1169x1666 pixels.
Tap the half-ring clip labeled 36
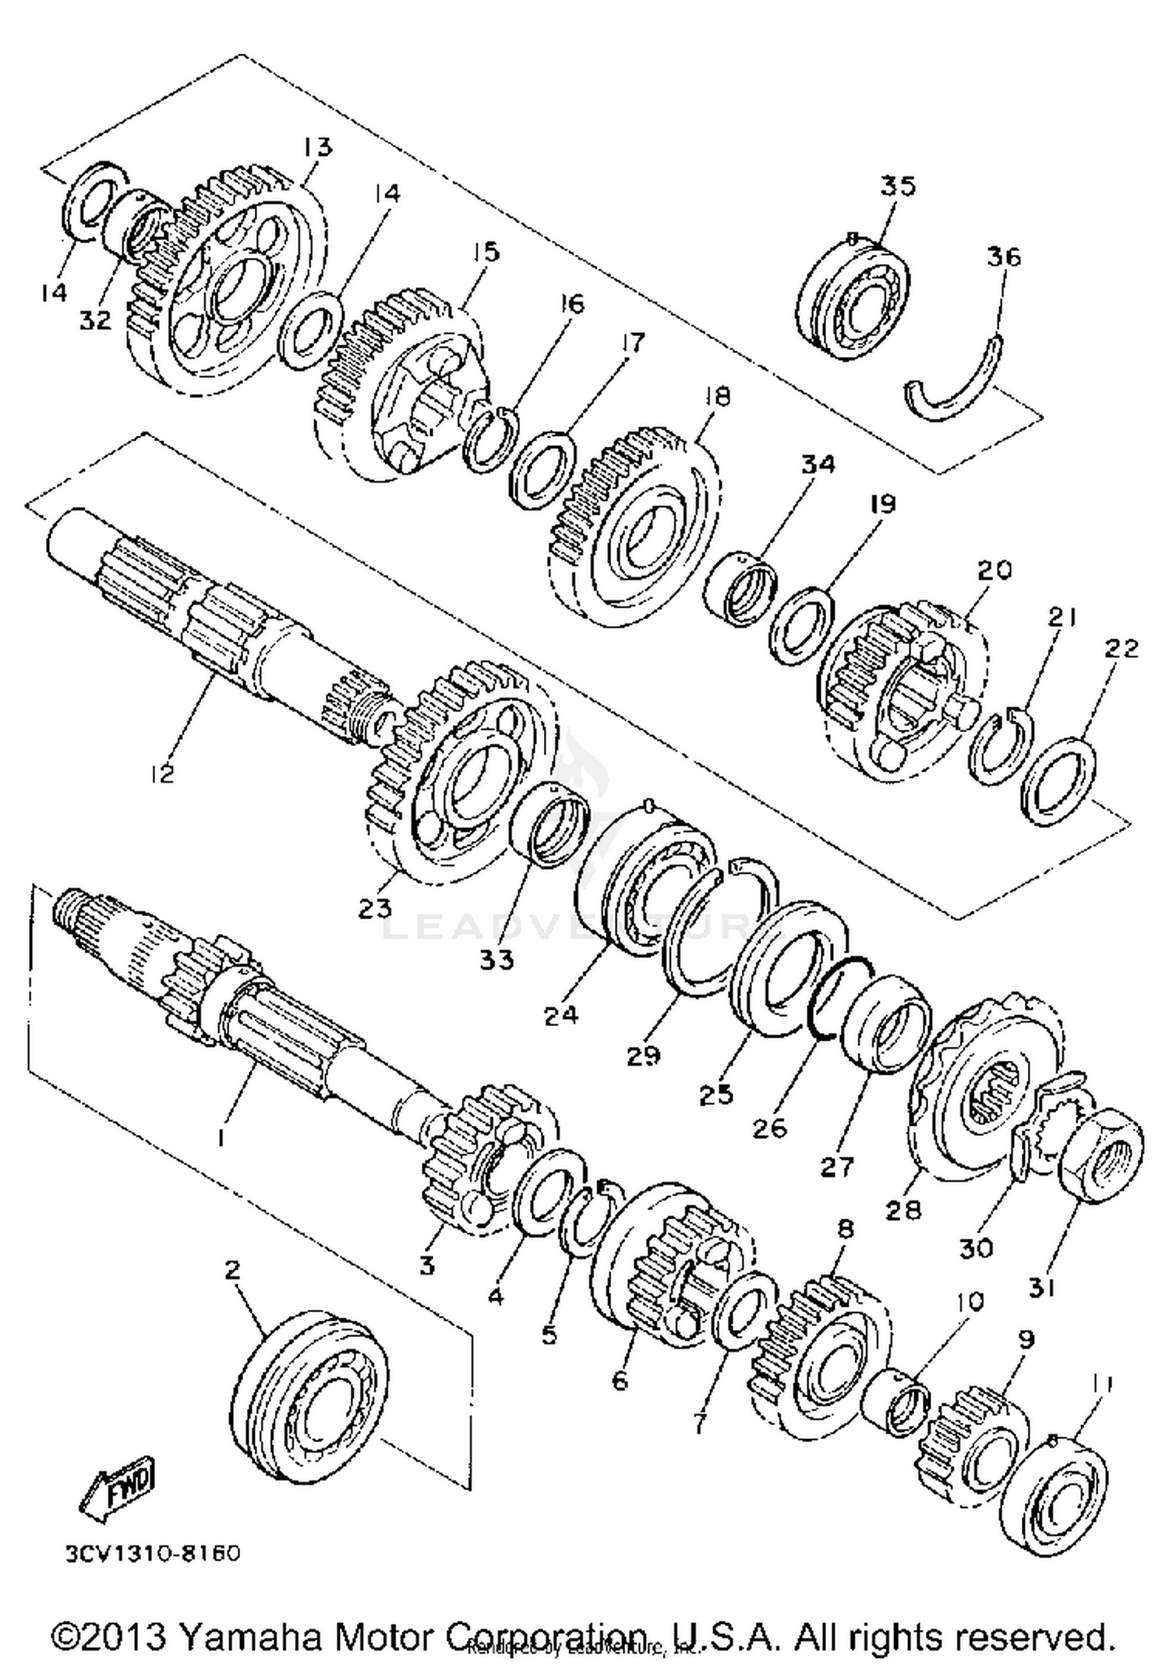[955, 382]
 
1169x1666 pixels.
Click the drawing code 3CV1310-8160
[152, 1553]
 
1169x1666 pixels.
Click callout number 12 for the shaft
[163, 774]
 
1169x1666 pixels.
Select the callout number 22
[1121, 649]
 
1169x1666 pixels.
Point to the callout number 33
[496, 959]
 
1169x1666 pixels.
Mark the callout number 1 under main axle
[221, 1138]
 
